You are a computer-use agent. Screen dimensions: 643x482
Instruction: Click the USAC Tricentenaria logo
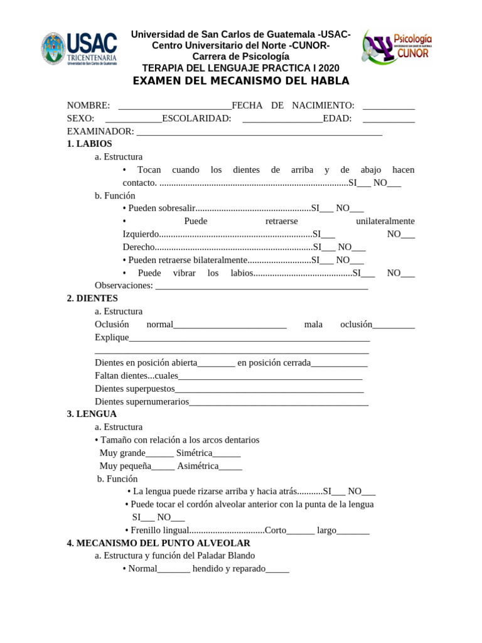(x=79, y=49)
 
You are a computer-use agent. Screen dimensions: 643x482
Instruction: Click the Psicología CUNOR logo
(x=397, y=47)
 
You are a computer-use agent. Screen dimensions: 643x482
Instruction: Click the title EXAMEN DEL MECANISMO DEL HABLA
(x=241, y=81)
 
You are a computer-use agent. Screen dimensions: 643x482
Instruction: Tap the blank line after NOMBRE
(x=174, y=105)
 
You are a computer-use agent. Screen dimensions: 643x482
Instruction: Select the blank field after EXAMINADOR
(x=259, y=131)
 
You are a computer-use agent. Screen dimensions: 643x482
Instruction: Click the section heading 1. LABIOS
(x=89, y=144)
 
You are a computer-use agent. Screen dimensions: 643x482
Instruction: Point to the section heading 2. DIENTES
(x=92, y=298)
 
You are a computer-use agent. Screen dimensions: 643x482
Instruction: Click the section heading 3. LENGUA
(x=92, y=414)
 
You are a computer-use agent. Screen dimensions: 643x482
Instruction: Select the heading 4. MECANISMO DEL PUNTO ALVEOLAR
(x=158, y=543)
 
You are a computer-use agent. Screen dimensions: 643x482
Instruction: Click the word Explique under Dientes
(x=112, y=337)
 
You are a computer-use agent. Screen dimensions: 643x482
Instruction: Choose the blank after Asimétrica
(x=230, y=467)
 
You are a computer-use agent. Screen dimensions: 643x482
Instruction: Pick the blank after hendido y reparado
(x=277, y=569)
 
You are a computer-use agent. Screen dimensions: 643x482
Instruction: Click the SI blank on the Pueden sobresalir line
(x=326, y=208)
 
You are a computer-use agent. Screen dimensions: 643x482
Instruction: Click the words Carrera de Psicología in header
(x=241, y=57)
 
